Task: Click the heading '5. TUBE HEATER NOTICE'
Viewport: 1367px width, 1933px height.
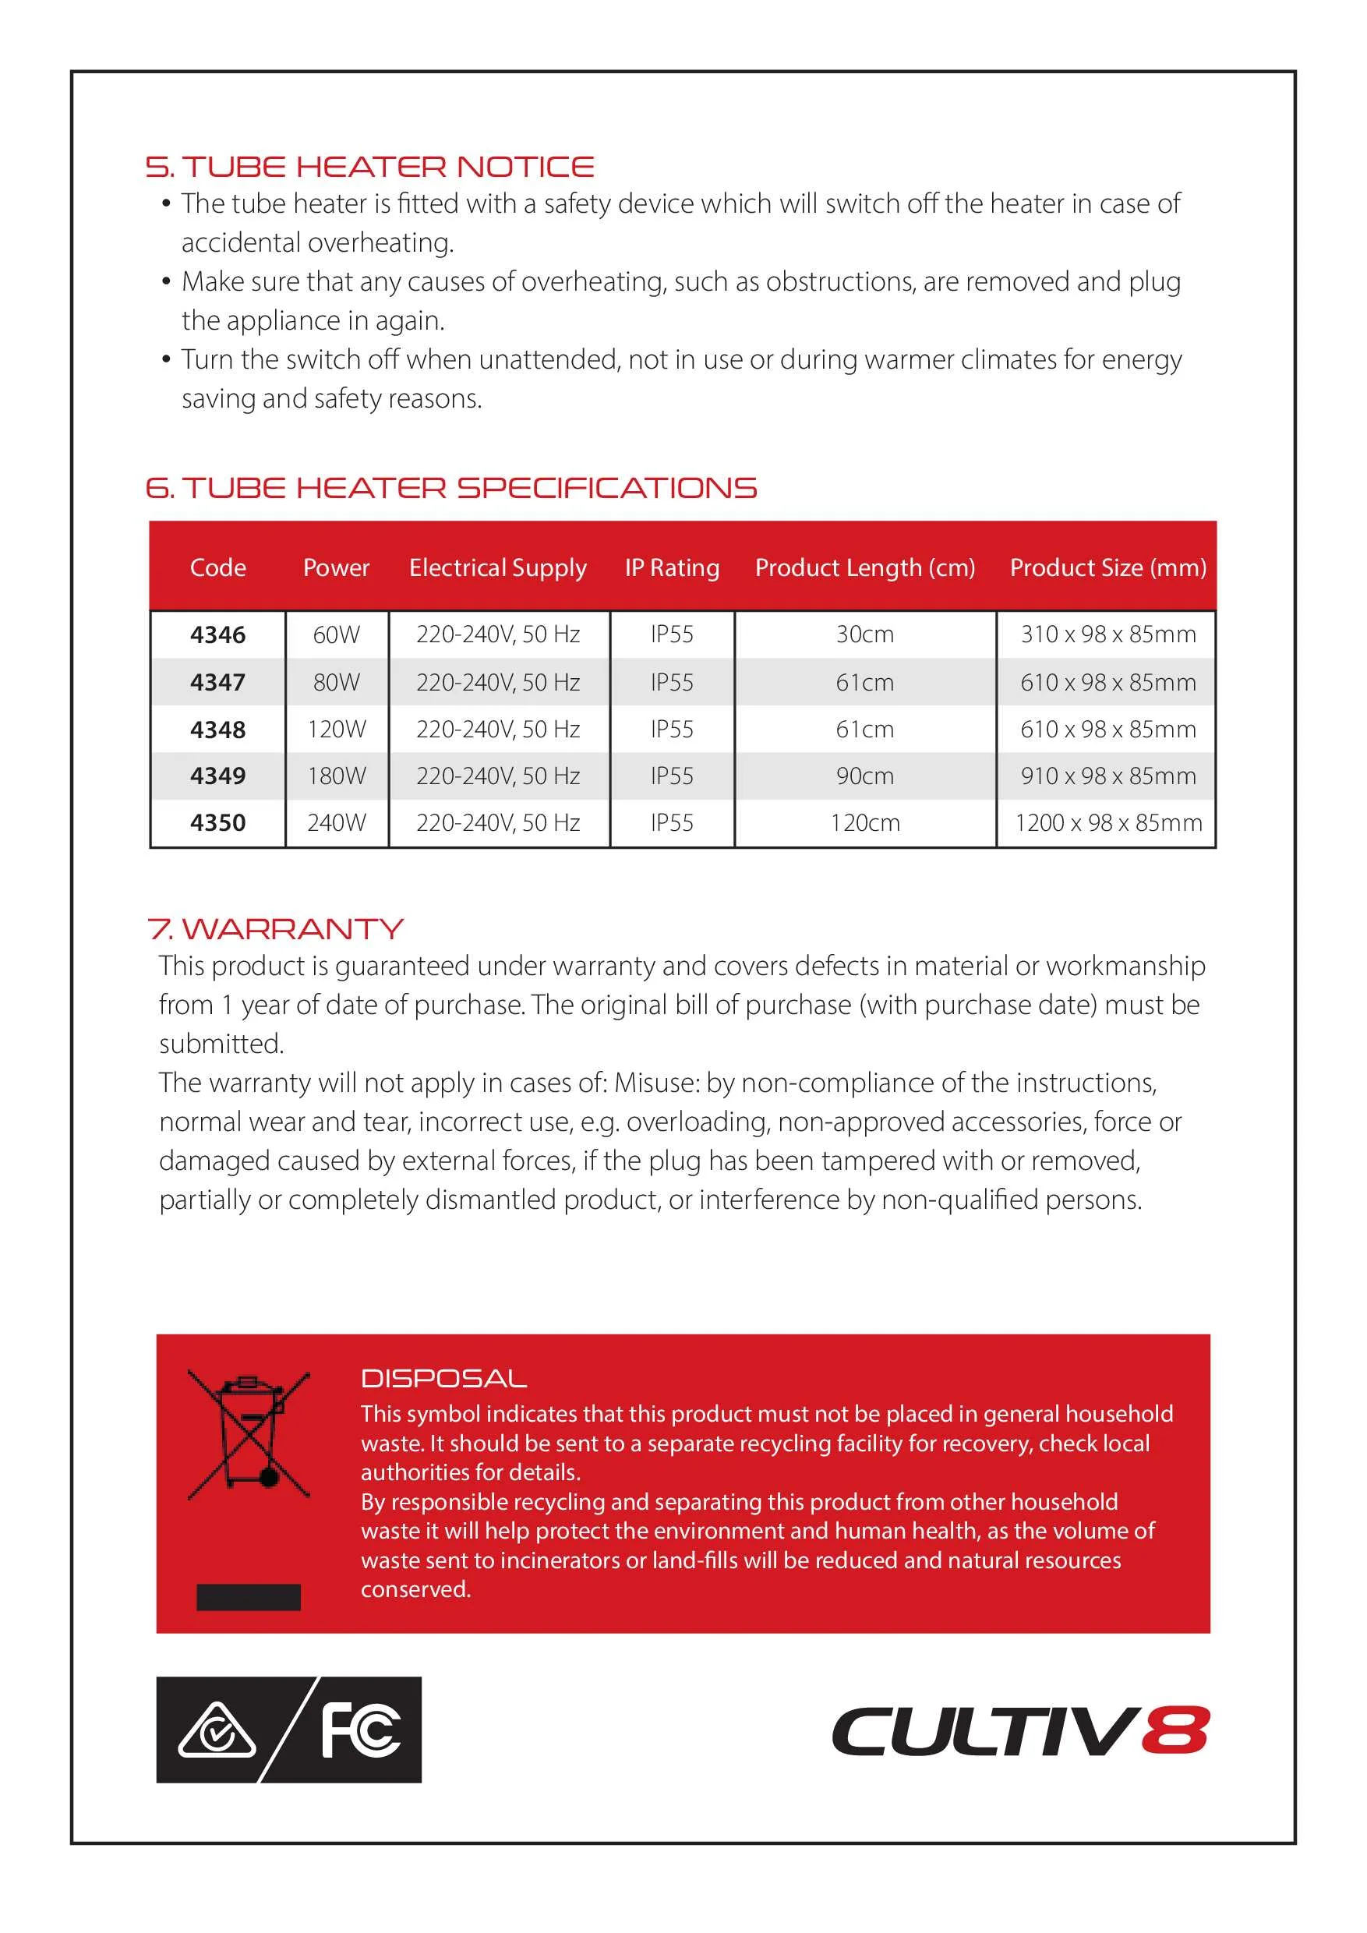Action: pos(369,167)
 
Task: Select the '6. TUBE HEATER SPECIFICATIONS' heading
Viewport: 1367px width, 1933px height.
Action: pos(451,487)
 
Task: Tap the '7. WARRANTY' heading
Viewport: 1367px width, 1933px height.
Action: pos(275,928)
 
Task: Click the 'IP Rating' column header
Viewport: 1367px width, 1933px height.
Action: pos(672,567)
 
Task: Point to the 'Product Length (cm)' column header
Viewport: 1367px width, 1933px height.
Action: pos(864,567)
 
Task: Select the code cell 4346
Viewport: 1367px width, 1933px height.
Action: pos(218,634)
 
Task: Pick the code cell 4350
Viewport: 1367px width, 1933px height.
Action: pos(218,822)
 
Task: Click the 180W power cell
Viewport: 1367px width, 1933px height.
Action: pos(337,776)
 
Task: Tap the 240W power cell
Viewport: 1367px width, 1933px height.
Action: pos(337,822)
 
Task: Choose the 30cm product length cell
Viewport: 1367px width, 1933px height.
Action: pos(864,634)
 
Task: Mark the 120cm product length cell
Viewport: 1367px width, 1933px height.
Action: pos(864,822)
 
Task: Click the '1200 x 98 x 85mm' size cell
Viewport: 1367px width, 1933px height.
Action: pos(1107,822)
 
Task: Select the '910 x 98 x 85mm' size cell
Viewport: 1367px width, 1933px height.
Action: pos(1107,776)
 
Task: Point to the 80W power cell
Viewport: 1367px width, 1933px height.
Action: pos(337,682)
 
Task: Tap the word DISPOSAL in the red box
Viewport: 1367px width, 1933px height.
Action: pos(443,1378)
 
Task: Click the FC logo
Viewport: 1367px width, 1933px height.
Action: pos(361,1730)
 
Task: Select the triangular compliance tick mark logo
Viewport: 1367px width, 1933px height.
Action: pos(217,1733)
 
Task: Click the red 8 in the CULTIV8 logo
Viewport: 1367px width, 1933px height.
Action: pos(1175,1731)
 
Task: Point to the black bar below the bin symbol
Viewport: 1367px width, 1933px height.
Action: pos(249,1597)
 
